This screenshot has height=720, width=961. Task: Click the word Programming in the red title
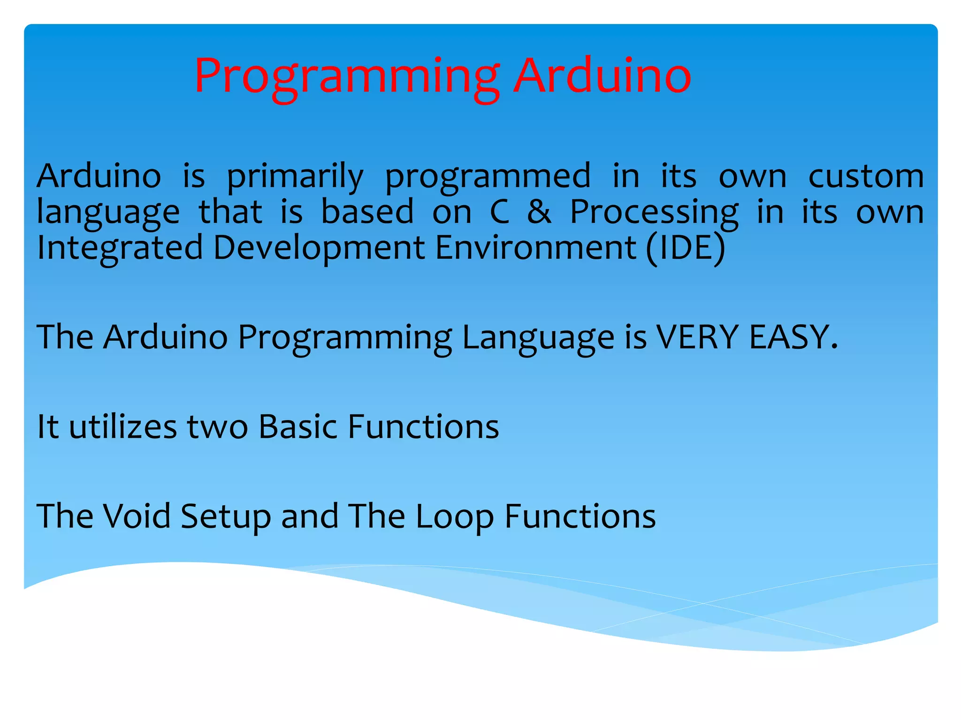click(346, 76)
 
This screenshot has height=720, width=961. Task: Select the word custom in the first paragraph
click(866, 176)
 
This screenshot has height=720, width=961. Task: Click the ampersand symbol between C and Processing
click(539, 211)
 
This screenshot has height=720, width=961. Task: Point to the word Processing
click(654, 212)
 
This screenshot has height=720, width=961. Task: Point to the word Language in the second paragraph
click(538, 337)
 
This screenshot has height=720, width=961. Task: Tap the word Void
click(137, 516)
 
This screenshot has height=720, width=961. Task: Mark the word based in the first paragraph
click(367, 211)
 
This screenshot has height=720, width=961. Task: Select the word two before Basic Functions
click(217, 427)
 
